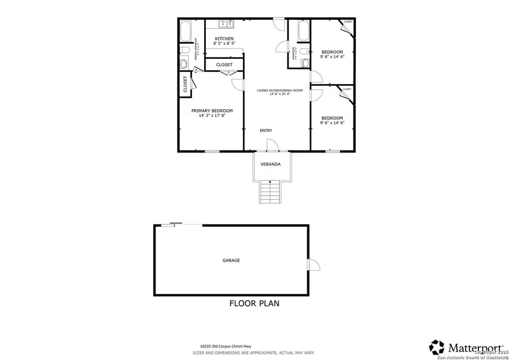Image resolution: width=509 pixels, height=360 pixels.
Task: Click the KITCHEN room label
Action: (x=224, y=39)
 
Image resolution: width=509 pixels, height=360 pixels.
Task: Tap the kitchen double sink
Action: (x=226, y=25)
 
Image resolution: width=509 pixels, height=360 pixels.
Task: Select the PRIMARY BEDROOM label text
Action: (x=212, y=110)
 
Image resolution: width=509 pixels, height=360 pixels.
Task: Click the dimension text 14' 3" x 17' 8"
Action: (x=212, y=116)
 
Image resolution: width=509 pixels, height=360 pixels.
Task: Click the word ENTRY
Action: (x=266, y=130)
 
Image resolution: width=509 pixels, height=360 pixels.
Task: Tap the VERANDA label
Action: (x=270, y=164)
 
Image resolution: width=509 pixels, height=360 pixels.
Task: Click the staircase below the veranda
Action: (x=271, y=193)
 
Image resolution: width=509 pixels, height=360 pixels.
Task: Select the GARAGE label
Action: (x=231, y=260)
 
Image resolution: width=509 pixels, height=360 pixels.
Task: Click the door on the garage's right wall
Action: (x=313, y=265)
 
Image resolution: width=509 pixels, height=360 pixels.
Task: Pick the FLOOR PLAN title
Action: (x=254, y=304)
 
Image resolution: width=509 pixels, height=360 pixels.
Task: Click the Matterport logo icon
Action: (x=436, y=347)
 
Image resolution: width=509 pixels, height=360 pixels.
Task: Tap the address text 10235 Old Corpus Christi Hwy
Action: (x=231, y=346)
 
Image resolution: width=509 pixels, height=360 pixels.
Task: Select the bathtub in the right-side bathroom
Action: (x=302, y=29)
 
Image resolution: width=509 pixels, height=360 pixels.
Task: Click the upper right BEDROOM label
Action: (x=332, y=52)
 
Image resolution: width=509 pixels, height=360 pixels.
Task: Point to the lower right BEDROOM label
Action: (x=332, y=118)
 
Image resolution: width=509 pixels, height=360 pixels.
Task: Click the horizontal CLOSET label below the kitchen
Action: (x=224, y=65)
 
